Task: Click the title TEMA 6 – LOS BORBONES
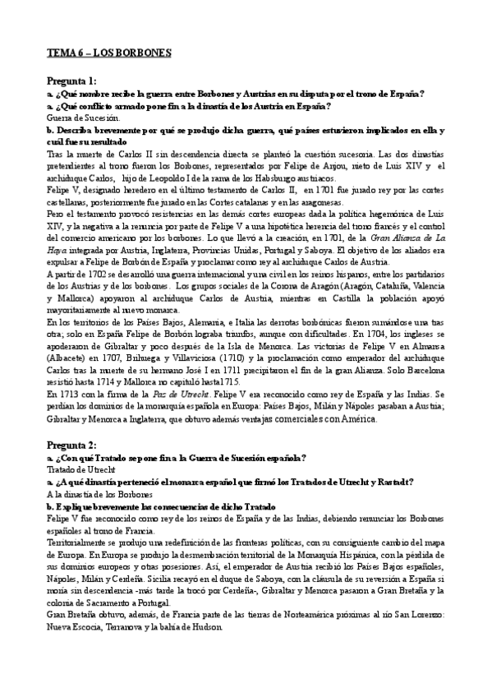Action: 108,53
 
